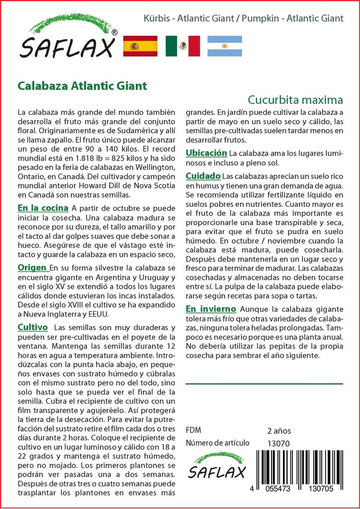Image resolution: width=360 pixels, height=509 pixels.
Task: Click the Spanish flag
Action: pyautogui.click(x=140, y=46)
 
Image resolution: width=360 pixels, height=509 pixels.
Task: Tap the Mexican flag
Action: pyautogui.click(x=182, y=46)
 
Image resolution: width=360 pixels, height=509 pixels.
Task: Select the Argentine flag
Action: pyautogui.click(x=224, y=46)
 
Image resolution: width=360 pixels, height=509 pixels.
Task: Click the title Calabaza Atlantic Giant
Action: pyautogui.click(x=83, y=85)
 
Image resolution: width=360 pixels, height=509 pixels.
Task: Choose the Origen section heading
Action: pyautogui.click(x=33, y=268)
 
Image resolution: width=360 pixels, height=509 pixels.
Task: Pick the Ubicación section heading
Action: pyautogui.click(x=206, y=153)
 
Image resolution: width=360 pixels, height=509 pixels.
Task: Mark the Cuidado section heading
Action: pyautogui.click(x=203, y=176)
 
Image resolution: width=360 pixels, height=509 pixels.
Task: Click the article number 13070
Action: pyautogui.click(x=278, y=443)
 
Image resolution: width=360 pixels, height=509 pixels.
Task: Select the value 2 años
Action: pyautogui.click(x=279, y=430)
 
